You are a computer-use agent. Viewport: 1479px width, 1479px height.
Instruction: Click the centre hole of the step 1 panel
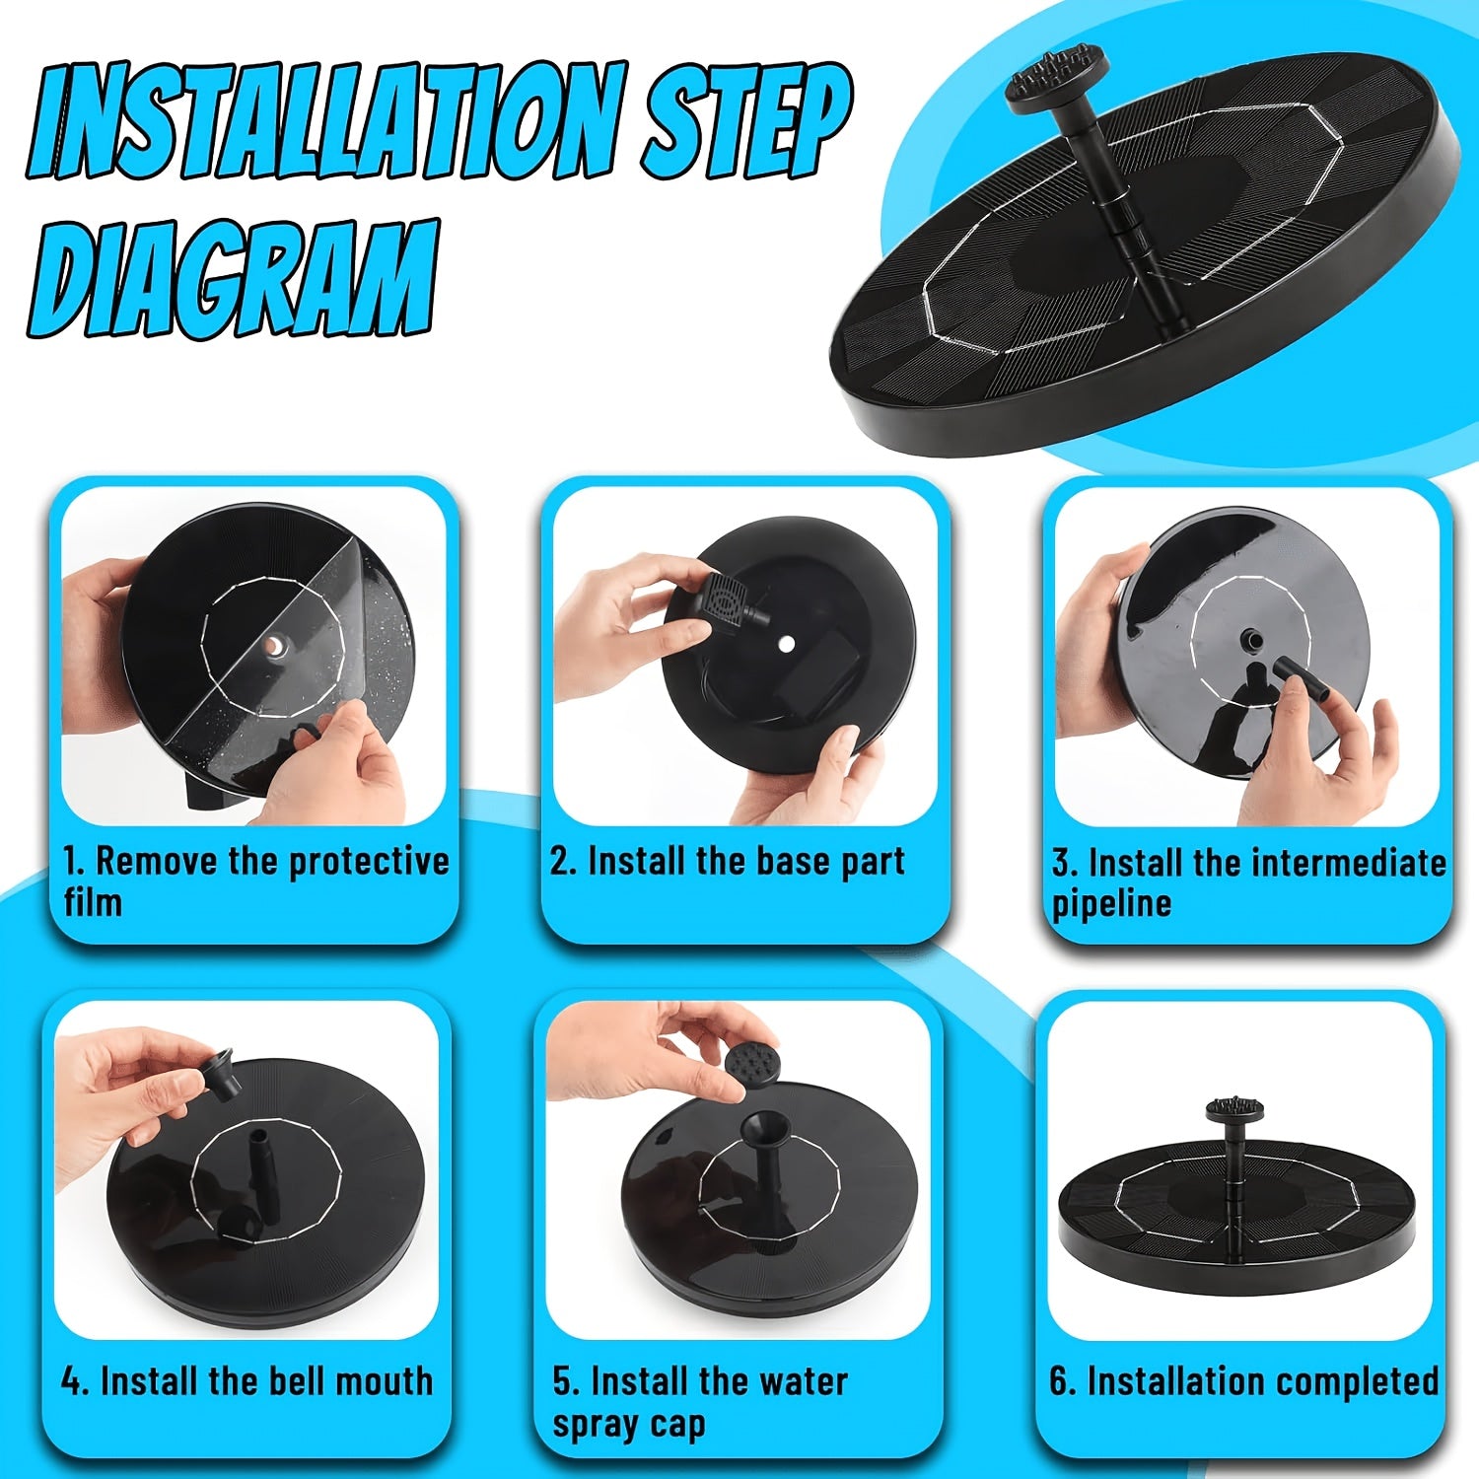273,647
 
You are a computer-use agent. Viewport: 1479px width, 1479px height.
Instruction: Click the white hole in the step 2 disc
786,644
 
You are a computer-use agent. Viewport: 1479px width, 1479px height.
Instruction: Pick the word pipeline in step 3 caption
1112,904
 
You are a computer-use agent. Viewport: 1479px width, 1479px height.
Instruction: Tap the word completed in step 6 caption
1351,1382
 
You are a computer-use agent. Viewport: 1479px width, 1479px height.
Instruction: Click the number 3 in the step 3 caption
1062,864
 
